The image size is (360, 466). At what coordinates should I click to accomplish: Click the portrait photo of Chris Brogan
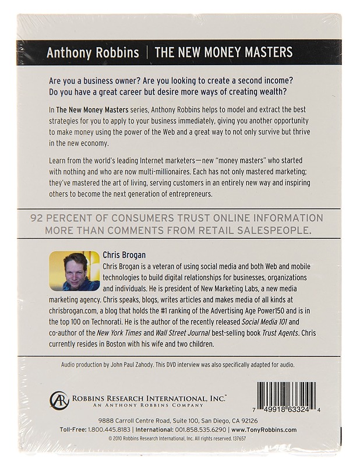click(75, 271)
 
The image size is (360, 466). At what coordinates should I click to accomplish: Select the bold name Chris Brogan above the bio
click(124, 254)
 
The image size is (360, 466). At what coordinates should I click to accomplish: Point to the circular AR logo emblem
click(59, 401)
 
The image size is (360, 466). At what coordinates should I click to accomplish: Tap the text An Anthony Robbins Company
click(121, 405)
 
